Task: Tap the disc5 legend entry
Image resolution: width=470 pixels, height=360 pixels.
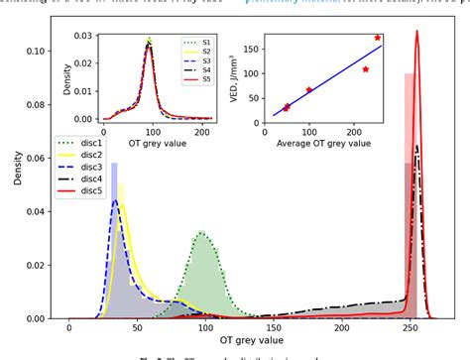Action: click(x=79, y=194)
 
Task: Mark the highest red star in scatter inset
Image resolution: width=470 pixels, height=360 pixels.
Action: click(x=378, y=38)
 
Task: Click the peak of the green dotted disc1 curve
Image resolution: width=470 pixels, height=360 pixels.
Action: click(x=201, y=232)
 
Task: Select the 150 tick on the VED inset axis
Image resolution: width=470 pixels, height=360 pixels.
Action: click(x=256, y=46)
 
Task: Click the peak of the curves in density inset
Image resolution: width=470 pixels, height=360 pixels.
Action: click(x=149, y=42)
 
